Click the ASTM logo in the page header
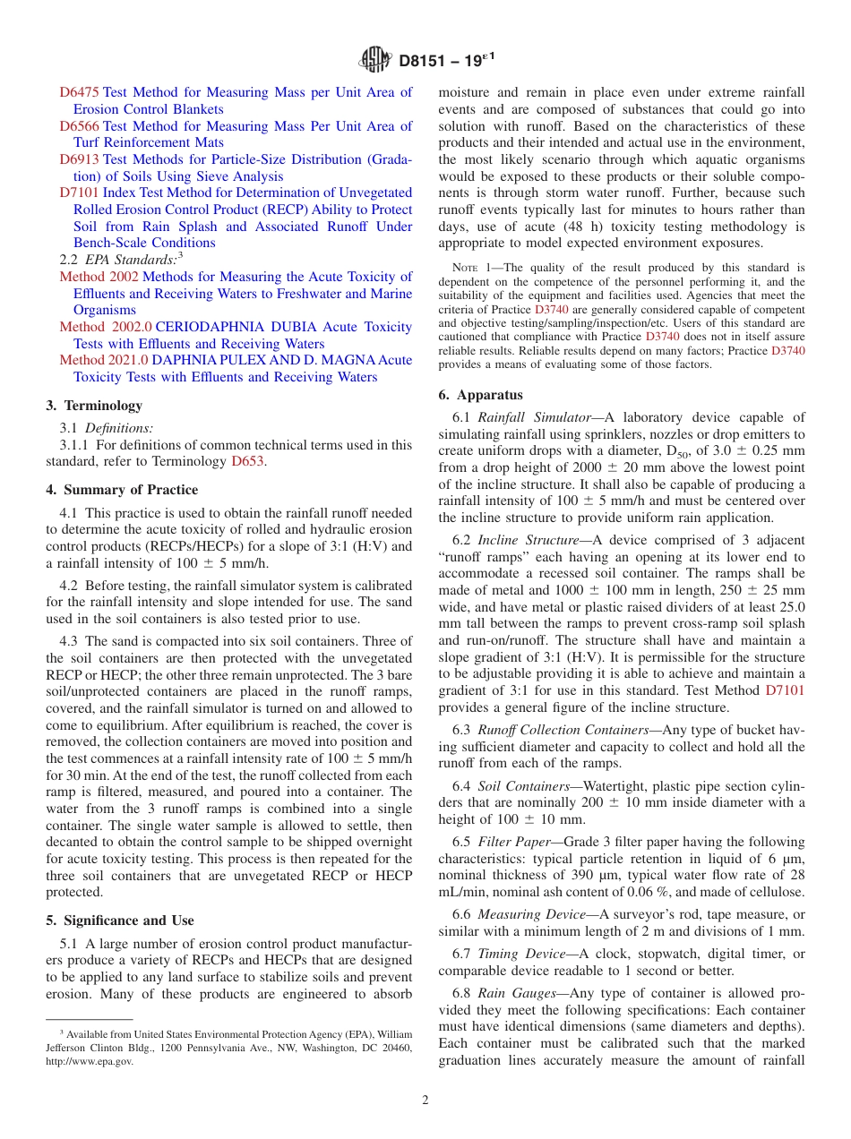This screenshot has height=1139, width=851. [x=375, y=60]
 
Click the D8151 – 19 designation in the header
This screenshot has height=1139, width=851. [x=444, y=61]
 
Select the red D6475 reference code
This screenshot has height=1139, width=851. [x=80, y=92]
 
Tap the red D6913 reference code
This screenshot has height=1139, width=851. [x=80, y=159]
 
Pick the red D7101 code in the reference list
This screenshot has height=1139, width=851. [x=80, y=193]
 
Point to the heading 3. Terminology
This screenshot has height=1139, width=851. [x=94, y=406]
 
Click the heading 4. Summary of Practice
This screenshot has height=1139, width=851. [x=122, y=490]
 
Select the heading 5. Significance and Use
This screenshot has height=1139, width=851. [x=119, y=921]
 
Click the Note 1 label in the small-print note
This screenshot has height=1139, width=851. [x=471, y=267]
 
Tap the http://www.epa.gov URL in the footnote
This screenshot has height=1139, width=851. [x=90, y=1061]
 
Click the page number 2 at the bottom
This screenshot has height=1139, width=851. [x=425, y=1100]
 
